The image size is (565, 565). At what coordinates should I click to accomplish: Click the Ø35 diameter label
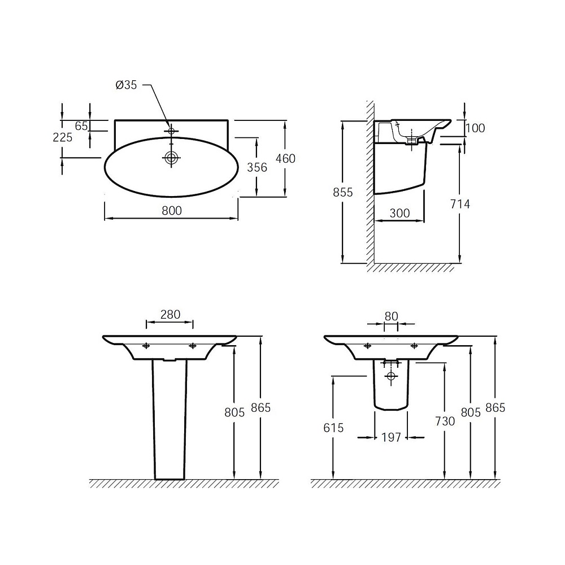(126, 85)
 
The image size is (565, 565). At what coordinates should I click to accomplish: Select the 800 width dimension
(171, 210)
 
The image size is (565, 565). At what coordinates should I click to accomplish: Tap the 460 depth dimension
(285, 159)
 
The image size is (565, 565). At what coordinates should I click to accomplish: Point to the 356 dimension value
(257, 167)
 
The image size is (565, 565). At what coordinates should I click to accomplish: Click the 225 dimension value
(62, 137)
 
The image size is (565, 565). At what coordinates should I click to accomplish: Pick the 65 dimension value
(81, 125)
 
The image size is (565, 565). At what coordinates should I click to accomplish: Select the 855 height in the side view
(342, 192)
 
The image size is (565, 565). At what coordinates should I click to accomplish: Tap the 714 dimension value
(460, 204)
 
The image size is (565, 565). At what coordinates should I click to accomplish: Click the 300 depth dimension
(400, 213)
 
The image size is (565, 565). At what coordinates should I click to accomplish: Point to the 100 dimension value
(475, 128)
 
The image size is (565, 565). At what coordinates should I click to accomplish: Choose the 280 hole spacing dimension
(170, 315)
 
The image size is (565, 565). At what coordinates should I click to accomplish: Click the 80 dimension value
(391, 316)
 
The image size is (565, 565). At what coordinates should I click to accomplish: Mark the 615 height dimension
(334, 428)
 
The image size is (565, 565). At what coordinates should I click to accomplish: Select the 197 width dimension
(391, 437)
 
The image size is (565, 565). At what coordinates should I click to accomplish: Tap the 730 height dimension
(445, 421)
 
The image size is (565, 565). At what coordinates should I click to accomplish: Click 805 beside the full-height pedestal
(234, 412)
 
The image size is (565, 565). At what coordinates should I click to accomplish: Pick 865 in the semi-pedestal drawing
(495, 407)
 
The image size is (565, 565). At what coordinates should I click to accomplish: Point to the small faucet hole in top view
(171, 131)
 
